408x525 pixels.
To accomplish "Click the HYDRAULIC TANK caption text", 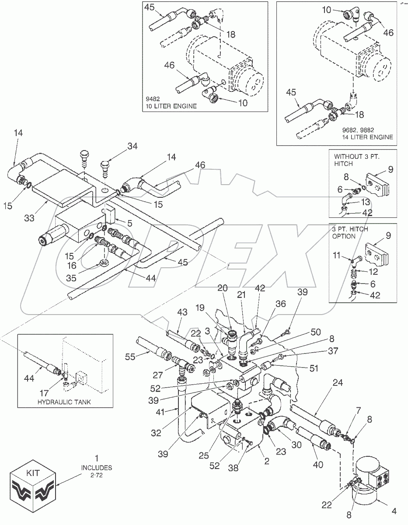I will [65, 402].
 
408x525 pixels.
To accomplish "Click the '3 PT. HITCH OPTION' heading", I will [350, 233].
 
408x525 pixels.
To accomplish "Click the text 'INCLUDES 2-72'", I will [97, 471].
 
